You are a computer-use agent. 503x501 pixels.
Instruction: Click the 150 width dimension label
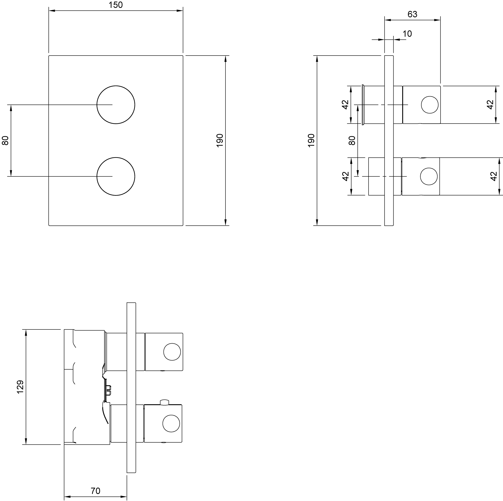116,5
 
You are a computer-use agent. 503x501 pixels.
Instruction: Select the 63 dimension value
413,14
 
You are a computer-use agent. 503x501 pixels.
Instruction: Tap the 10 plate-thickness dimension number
407,34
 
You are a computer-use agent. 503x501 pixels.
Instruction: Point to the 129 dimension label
20,387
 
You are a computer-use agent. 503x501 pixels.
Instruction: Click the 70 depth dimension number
96,491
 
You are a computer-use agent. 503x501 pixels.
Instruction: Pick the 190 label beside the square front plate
220,140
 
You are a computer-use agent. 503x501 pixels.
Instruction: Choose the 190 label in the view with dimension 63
311,140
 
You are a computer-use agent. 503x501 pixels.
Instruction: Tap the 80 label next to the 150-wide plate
5,140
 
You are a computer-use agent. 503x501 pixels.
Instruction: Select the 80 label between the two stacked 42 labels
352,140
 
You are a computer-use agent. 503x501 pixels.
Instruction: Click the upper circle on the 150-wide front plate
116,105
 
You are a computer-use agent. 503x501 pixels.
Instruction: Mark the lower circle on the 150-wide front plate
116,176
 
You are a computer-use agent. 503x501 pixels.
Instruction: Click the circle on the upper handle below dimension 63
430,105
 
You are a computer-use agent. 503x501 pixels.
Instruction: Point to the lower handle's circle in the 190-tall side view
429,176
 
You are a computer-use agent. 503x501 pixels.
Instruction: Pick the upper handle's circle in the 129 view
172,352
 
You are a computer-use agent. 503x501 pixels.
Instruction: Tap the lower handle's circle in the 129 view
171,424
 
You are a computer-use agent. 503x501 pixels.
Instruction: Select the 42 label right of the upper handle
490,105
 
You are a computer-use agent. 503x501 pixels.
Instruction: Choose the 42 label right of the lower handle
494,176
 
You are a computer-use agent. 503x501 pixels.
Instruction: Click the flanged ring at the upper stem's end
363,105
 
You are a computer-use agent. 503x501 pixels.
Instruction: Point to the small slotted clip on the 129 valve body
108,390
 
